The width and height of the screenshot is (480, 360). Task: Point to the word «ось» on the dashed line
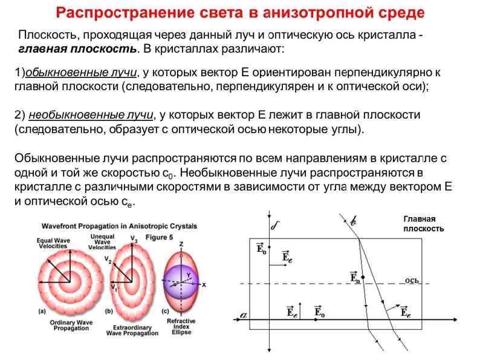(412, 280)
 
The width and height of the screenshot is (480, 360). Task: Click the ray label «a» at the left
(242, 315)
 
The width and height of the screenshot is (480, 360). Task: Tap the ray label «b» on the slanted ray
(354, 221)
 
